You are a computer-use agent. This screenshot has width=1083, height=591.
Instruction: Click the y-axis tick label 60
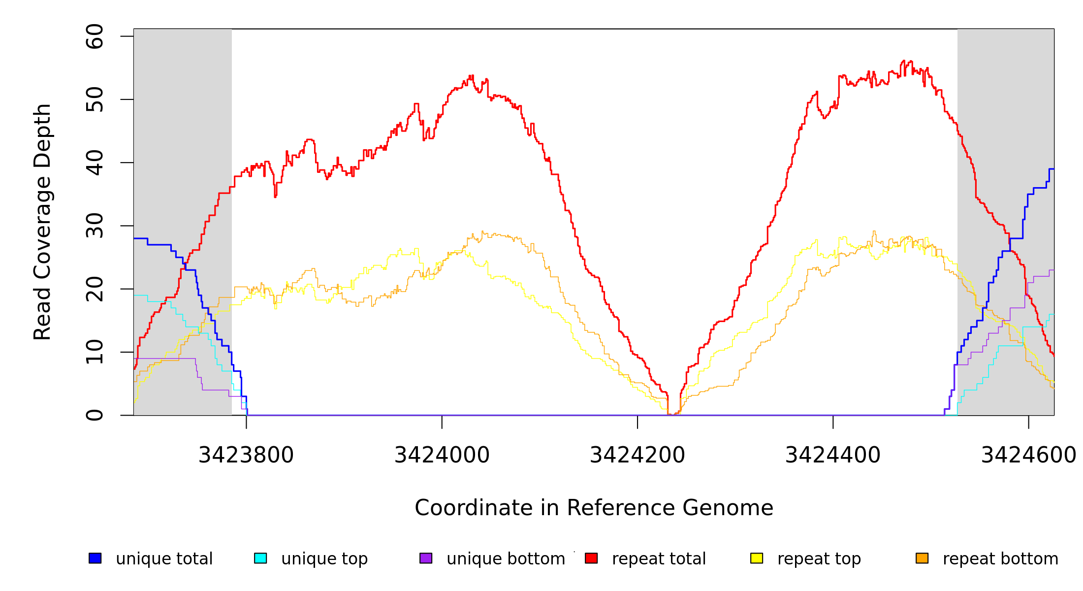point(95,36)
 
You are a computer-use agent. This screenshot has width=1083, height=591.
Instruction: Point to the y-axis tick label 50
point(95,99)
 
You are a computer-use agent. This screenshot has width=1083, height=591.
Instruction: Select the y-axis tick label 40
point(95,163)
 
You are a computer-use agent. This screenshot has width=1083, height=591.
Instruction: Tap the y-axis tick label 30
point(95,226)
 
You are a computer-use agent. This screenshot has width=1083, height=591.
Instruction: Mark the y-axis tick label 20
point(95,289)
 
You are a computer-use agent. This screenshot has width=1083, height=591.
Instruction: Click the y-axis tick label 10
point(95,352)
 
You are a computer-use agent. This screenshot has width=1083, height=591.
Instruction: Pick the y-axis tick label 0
point(95,415)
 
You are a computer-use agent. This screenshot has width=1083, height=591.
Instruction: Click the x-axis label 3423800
point(246,455)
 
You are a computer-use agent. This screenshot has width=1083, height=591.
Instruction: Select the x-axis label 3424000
point(442,455)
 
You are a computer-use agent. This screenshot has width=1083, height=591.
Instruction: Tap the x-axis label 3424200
point(637,455)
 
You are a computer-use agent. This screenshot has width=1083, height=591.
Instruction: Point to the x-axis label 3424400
point(833,455)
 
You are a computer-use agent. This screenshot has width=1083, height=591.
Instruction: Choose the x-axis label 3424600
point(1028,455)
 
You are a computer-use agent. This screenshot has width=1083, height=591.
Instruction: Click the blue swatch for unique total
point(95,558)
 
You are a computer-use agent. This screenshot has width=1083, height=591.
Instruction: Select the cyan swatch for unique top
point(260,558)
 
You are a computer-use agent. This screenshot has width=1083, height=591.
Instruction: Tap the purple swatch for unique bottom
point(426,558)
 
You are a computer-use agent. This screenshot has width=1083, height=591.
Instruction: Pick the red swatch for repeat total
point(591,558)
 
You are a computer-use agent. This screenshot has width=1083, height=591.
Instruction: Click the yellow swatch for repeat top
point(757,558)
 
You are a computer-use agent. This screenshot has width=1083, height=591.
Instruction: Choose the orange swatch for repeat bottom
point(922,558)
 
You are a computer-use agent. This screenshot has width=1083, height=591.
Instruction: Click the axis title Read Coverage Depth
point(42,222)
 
